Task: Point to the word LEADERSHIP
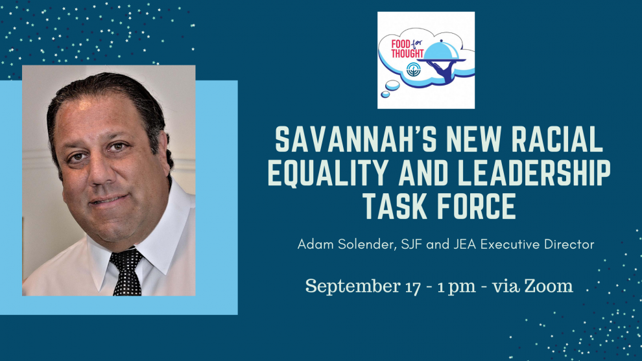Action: click(534, 173)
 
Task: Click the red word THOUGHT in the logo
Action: click(407, 53)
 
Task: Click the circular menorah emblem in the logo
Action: click(413, 69)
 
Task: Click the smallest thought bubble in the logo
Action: click(385, 95)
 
